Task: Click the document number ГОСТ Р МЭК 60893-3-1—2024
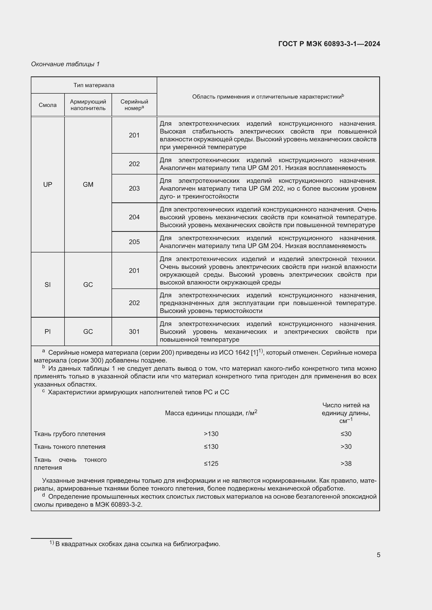coord(329,44)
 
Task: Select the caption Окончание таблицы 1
coord(65,64)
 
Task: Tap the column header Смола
coord(48,105)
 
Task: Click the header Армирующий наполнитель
coord(88,105)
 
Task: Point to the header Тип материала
coord(94,85)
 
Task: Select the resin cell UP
coord(48,184)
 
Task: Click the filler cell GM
coord(88,184)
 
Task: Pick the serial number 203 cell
coord(134,188)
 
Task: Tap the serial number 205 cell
coord(134,242)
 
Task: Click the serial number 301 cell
coord(134,331)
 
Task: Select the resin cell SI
coord(48,285)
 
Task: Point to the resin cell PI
coord(48,331)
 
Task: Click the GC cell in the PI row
coord(88,331)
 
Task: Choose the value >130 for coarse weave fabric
coord(211,434)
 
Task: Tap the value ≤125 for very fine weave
coord(211,464)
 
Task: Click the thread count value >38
coord(346,464)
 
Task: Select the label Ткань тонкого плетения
coord(70,446)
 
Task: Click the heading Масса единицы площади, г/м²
coord(211,413)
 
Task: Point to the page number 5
coord(378,555)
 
